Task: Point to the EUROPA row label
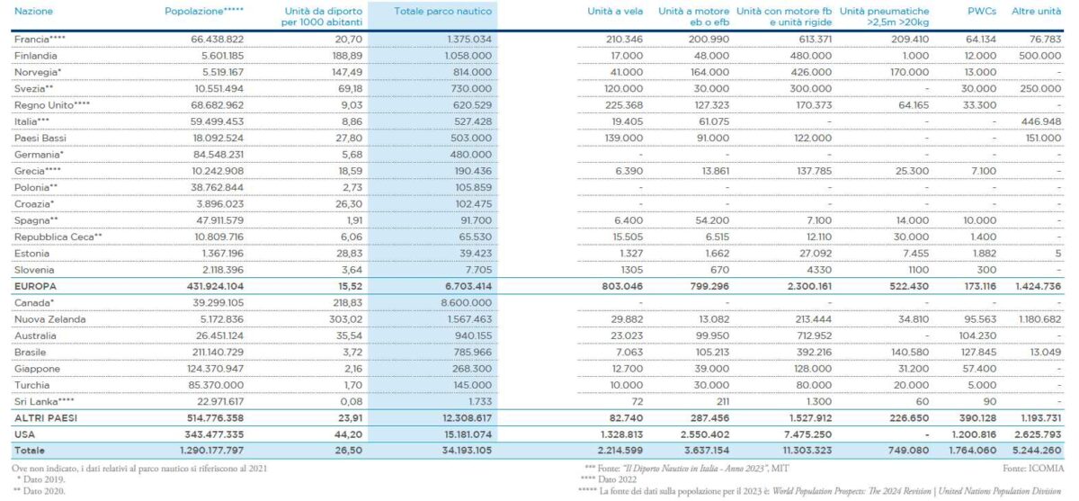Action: point(34,286)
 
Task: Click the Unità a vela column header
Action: point(617,10)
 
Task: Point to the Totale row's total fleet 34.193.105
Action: point(462,449)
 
